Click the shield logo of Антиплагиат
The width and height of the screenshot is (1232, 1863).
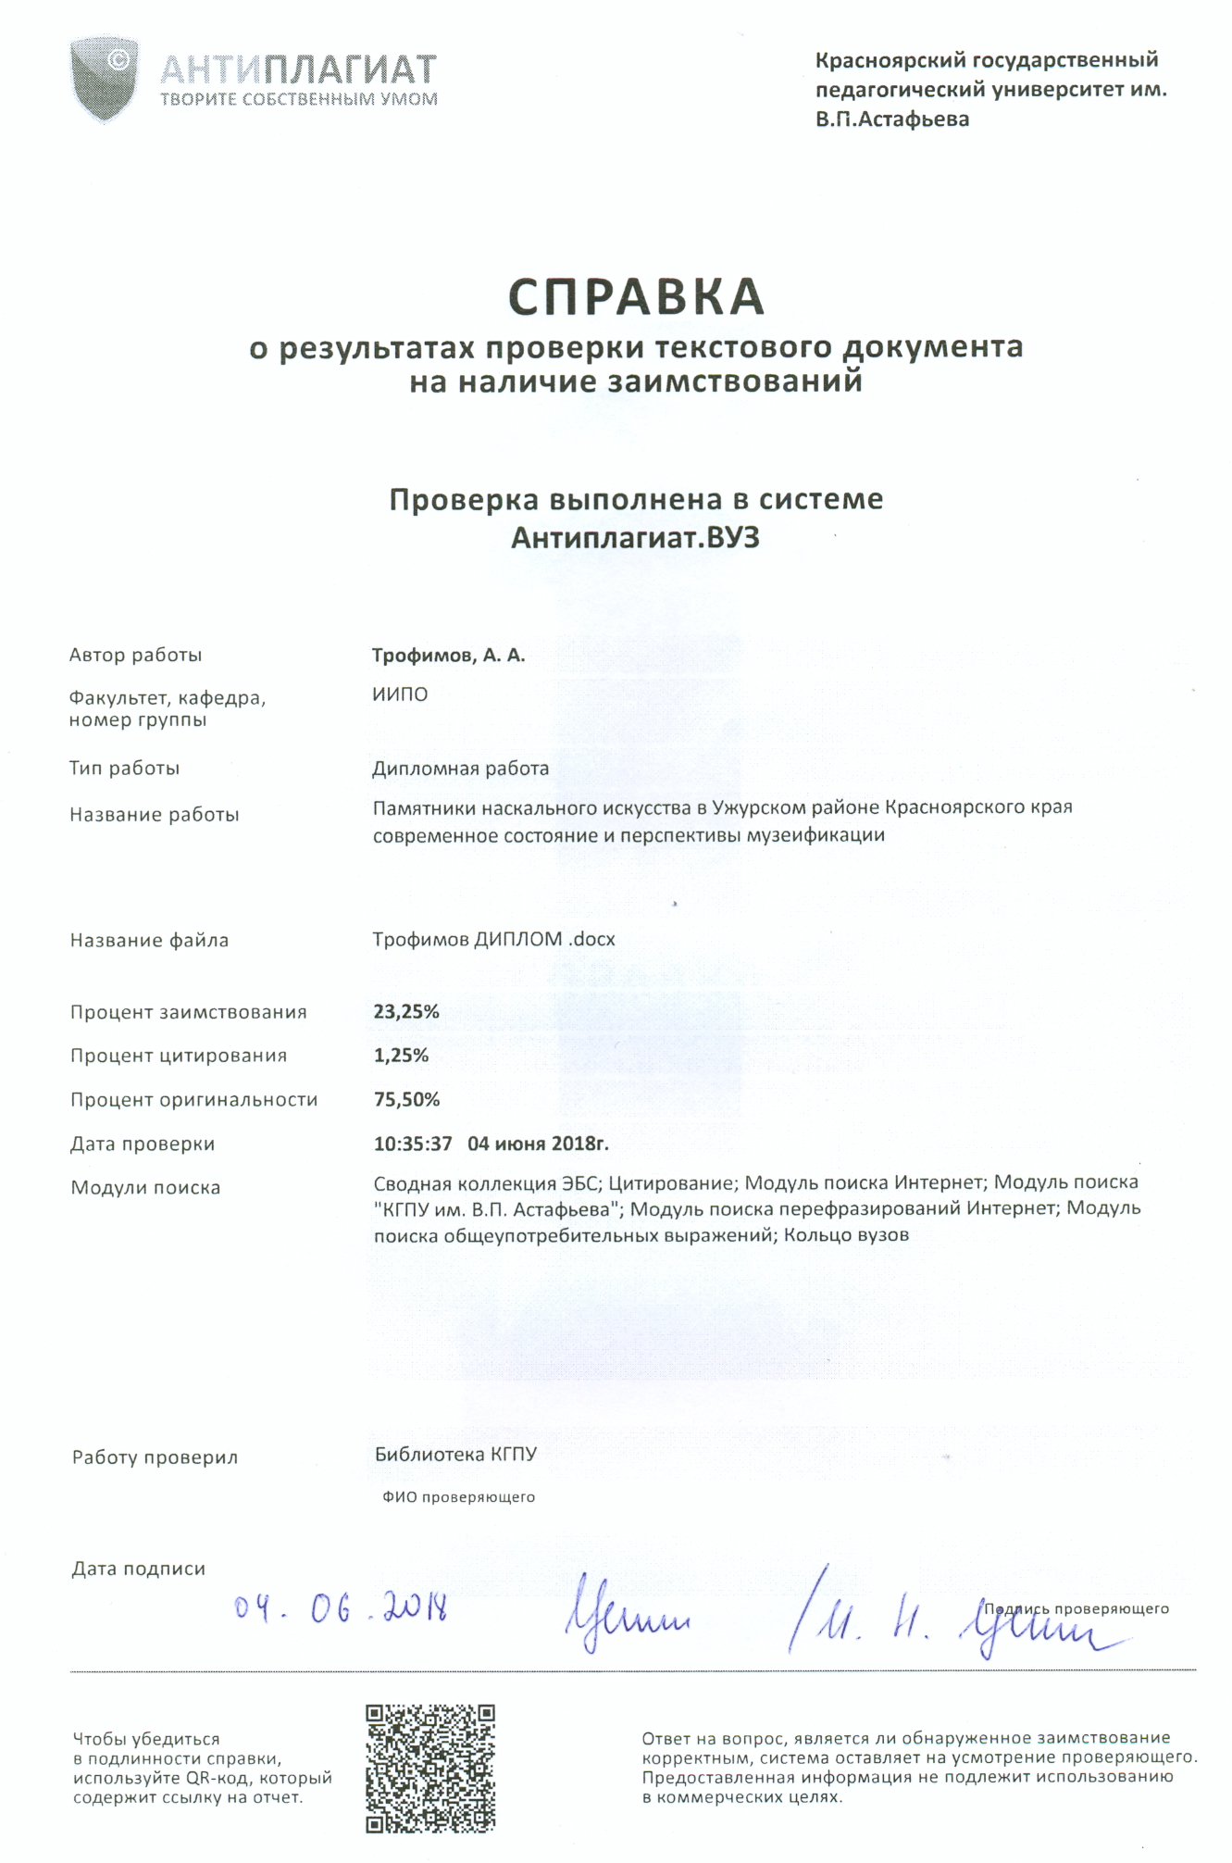(x=105, y=78)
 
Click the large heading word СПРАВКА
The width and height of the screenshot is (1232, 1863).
(x=636, y=297)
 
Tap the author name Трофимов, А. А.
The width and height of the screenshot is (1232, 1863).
(x=448, y=656)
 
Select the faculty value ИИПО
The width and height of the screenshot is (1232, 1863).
(x=400, y=694)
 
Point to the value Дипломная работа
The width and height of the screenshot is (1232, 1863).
(x=460, y=769)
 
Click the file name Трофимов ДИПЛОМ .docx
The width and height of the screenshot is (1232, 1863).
(x=493, y=940)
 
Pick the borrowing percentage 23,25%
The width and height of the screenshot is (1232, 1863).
(x=405, y=1012)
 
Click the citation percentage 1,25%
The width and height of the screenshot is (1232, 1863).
(x=401, y=1056)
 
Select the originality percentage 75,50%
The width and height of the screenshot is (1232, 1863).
(x=406, y=1100)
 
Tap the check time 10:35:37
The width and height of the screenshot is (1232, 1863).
(x=413, y=1144)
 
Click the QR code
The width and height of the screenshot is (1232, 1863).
(x=430, y=1769)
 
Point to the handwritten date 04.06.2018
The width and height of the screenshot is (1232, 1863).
(x=341, y=1610)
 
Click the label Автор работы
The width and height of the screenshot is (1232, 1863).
(x=135, y=656)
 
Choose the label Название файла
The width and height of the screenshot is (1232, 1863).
(x=149, y=941)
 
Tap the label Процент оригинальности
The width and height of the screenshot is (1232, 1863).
(x=193, y=1100)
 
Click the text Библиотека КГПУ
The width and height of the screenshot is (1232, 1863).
(x=455, y=1455)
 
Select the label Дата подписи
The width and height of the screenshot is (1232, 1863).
(x=139, y=1569)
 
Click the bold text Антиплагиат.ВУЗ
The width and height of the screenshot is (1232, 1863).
(x=635, y=538)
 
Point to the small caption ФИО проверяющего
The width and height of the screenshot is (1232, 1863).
(x=458, y=1497)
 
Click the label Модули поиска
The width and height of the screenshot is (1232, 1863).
(x=145, y=1188)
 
